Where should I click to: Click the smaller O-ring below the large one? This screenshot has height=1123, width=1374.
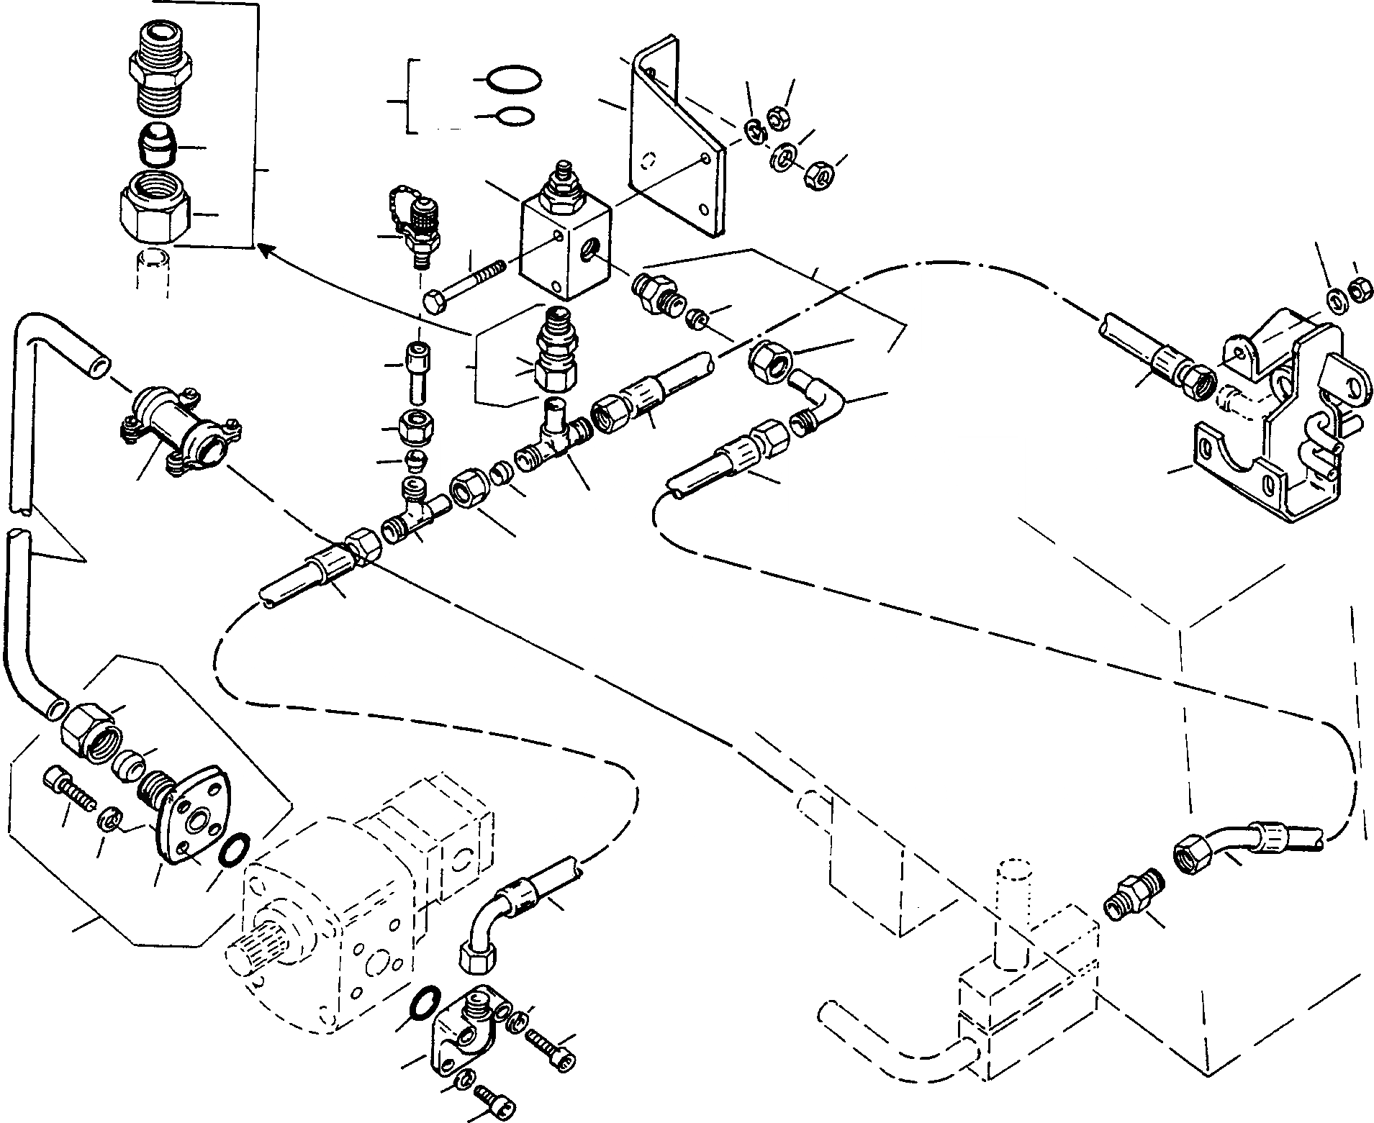coord(515,117)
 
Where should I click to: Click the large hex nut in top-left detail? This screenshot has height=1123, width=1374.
coord(156,209)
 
